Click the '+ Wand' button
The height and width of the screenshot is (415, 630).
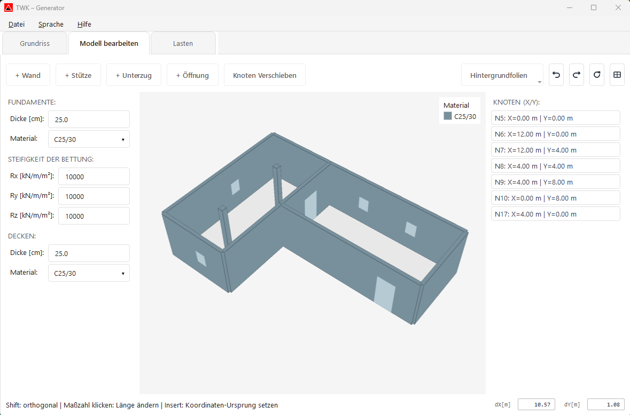pyautogui.click(x=28, y=75)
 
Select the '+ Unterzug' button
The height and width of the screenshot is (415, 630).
pyautogui.click(x=134, y=75)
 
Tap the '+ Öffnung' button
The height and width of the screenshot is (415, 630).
pyautogui.click(x=192, y=75)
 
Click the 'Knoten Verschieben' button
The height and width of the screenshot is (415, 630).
pyautogui.click(x=265, y=75)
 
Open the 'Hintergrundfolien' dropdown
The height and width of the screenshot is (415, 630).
pyautogui.click(x=502, y=75)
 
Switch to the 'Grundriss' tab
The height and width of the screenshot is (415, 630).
pyautogui.click(x=35, y=44)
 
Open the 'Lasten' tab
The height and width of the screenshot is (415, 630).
pyautogui.click(x=183, y=44)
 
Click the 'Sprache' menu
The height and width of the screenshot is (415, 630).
pyautogui.click(x=51, y=24)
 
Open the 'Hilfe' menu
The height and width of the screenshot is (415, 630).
pyautogui.click(x=84, y=24)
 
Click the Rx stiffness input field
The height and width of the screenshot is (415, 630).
pyautogui.click(x=94, y=177)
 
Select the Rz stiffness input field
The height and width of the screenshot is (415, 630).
pyautogui.click(x=94, y=216)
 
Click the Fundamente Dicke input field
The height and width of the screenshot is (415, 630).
pyautogui.click(x=89, y=119)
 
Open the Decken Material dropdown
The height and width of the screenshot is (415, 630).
pyautogui.click(x=89, y=273)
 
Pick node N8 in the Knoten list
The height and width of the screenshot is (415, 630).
pyautogui.click(x=555, y=166)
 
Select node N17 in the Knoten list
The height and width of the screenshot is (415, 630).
pyautogui.click(x=555, y=214)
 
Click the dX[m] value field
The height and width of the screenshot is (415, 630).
pyautogui.click(x=536, y=404)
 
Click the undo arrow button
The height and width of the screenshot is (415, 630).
pyautogui.click(x=556, y=75)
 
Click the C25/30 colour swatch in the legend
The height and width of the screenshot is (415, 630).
pyautogui.click(x=448, y=116)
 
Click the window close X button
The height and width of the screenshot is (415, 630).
pyautogui.click(x=618, y=8)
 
